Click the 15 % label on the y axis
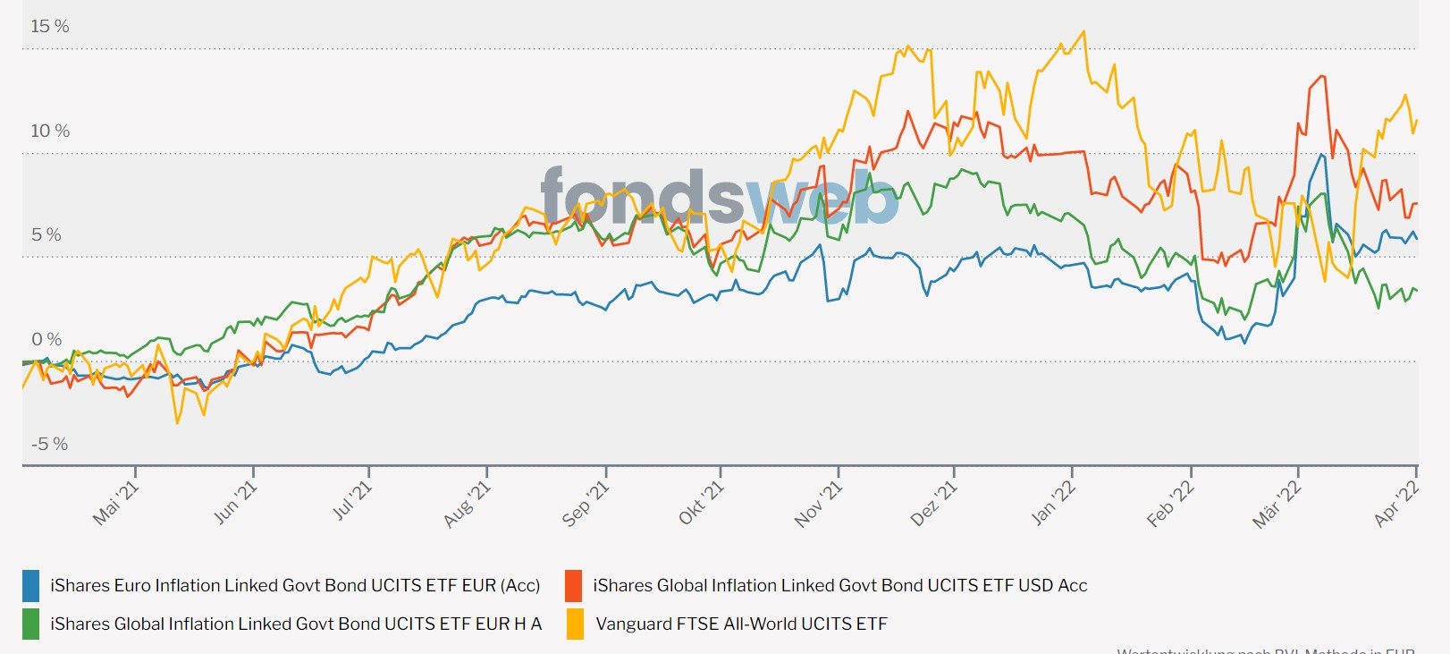pos(50,26)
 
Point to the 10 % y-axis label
pos(50,131)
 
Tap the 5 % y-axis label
pos(46,234)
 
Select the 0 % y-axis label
pos(46,339)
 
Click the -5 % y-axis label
pos(50,444)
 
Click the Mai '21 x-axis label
pos(117,503)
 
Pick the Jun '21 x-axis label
pos(235,503)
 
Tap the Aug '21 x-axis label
pos(468,504)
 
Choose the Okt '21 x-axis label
pos(701,503)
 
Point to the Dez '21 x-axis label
pos(933,503)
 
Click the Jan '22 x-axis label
pos(1053,503)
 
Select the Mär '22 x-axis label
pos(1277,504)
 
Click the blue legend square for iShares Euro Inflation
pos(31,586)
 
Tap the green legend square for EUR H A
pos(31,624)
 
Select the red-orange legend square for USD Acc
pos(574,586)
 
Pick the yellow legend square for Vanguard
pos(575,624)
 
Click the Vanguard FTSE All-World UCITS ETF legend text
pos(741,624)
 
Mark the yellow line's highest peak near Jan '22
pos(1083,32)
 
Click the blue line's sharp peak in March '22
pos(1321,155)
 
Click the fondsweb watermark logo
pos(720,196)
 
